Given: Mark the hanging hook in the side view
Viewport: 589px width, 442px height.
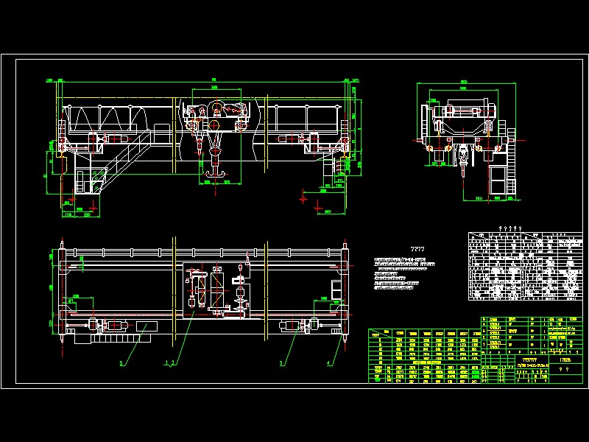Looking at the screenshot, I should point(462,164).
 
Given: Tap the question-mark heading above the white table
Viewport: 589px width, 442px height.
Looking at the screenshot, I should point(509,228).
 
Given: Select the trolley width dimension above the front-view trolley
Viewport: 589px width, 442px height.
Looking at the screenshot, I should point(215,88).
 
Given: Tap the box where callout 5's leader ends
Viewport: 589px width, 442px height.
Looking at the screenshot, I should point(146,326).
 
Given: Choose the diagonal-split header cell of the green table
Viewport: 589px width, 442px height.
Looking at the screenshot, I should point(382,333).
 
